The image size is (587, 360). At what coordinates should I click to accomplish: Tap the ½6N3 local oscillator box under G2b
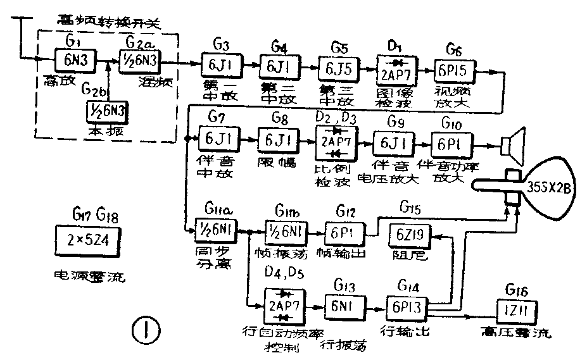coord(108,111)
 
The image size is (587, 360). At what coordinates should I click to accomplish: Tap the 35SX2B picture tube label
coord(549,189)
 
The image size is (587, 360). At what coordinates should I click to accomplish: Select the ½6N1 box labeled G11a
coord(216,230)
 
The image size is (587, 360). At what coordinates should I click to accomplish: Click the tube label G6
coord(453,48)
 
